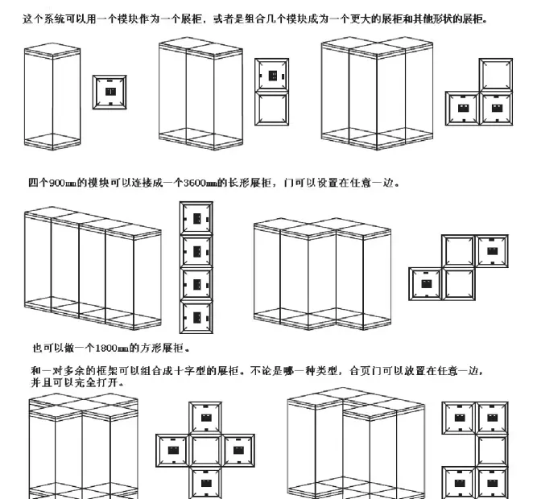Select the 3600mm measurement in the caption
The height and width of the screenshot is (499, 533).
(200, 183)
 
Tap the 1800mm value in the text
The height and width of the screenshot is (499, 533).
(112, 348)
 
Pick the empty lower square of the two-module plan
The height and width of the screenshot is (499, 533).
(272, 109)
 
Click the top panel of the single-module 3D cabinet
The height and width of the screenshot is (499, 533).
(52, 50)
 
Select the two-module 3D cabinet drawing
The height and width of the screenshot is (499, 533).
(201, 93)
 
